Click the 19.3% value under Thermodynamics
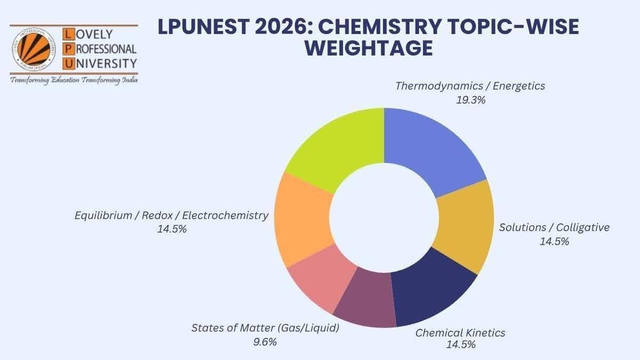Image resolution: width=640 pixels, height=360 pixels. [x=470, y=100]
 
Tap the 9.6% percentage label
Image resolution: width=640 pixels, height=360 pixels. [x=265, y=342]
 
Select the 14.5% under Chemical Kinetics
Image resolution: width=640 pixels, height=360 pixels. [x=460, y=345]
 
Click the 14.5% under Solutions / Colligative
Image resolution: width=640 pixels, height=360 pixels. [x=554, y=241]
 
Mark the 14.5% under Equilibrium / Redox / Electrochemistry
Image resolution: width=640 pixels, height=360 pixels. [x=171, y=229]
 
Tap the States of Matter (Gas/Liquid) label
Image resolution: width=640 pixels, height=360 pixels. [x=265, y=328]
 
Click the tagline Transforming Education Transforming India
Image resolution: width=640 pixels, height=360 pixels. [x=74, y=80]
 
